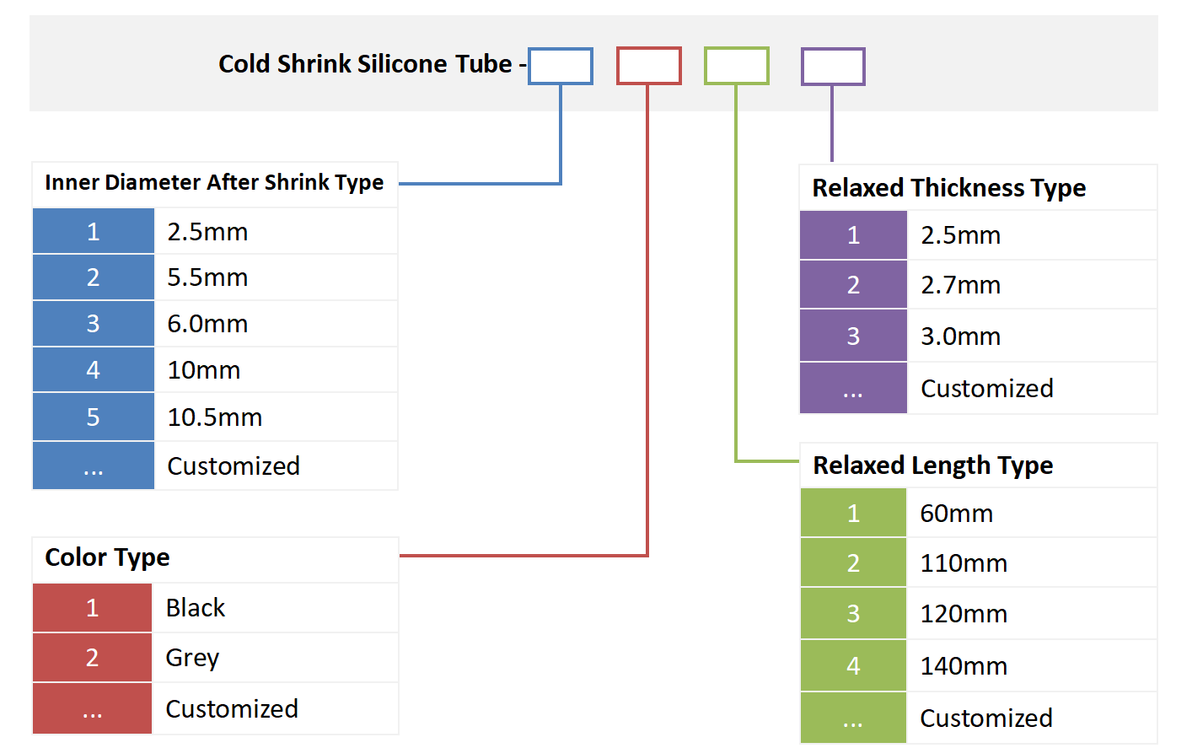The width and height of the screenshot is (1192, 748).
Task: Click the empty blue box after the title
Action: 561,67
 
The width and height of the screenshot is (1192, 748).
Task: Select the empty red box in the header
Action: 648,67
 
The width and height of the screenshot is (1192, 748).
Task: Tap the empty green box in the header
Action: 736,67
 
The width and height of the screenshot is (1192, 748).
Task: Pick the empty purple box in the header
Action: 832,67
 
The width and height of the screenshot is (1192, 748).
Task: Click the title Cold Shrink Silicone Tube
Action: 365,64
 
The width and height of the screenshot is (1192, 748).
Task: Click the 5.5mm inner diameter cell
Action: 207,277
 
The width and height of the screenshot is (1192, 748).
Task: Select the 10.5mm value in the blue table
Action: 215,417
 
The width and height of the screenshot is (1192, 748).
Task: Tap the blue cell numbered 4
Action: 94,370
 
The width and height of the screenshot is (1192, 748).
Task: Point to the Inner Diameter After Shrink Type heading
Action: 214,183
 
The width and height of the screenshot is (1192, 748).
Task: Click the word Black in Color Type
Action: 196,608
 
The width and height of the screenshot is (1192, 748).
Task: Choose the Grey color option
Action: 192,658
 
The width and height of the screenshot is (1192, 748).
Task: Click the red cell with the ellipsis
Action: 93,709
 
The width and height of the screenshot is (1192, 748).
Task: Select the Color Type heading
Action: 107,557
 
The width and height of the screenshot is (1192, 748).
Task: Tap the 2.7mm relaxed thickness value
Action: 960,285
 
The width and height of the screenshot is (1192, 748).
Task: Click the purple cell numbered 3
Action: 853,336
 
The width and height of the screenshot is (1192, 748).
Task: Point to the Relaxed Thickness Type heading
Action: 948,188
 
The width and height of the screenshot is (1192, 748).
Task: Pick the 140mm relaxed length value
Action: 964,666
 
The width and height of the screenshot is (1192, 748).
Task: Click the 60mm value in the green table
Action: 956,514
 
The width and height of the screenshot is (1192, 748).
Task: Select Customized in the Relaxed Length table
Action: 985,718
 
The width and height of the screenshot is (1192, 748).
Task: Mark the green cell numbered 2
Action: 853,563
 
